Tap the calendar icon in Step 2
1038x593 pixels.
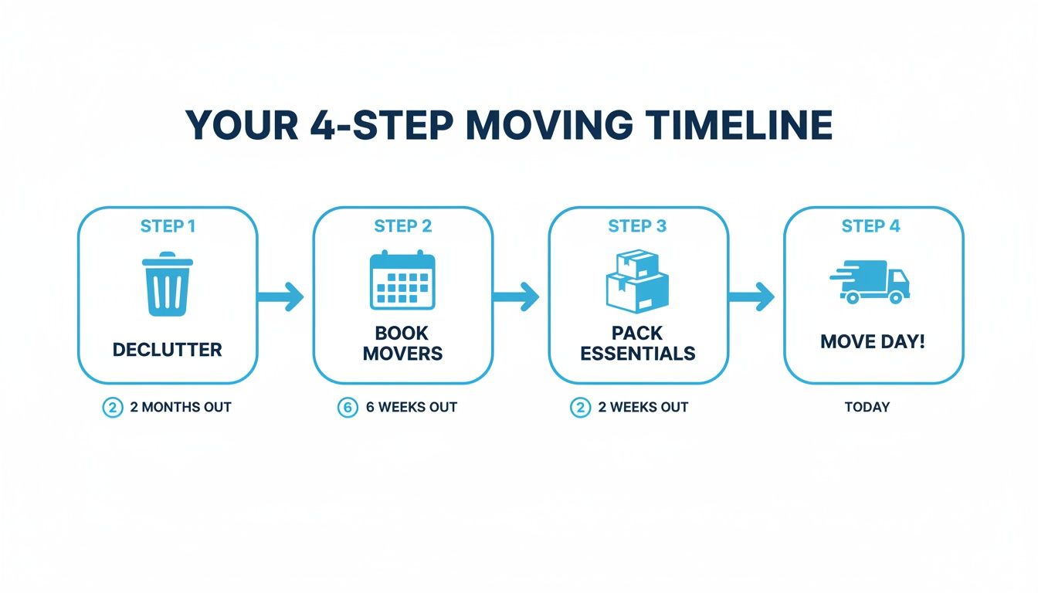(x=402, y=280)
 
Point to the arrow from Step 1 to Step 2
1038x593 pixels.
(x=282, y=296)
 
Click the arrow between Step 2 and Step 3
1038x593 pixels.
(x=517, y=296)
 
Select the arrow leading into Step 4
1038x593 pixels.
(x=751, y=296)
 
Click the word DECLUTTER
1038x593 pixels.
(x=167, y=350)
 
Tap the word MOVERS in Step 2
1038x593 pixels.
(x=402, y=354)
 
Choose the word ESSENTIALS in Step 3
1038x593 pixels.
(x=638, y=354)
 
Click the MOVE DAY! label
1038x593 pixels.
(x=873, y=341)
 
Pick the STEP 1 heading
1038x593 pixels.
(x=168, y=226)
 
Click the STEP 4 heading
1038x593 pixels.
(x=870, y=226)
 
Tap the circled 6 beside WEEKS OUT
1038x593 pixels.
(x=348, y=408)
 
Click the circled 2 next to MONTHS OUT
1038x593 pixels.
(x=113, y=408)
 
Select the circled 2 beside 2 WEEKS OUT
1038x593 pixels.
(x=580, y=408)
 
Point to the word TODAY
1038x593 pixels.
(x=867, y=407)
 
